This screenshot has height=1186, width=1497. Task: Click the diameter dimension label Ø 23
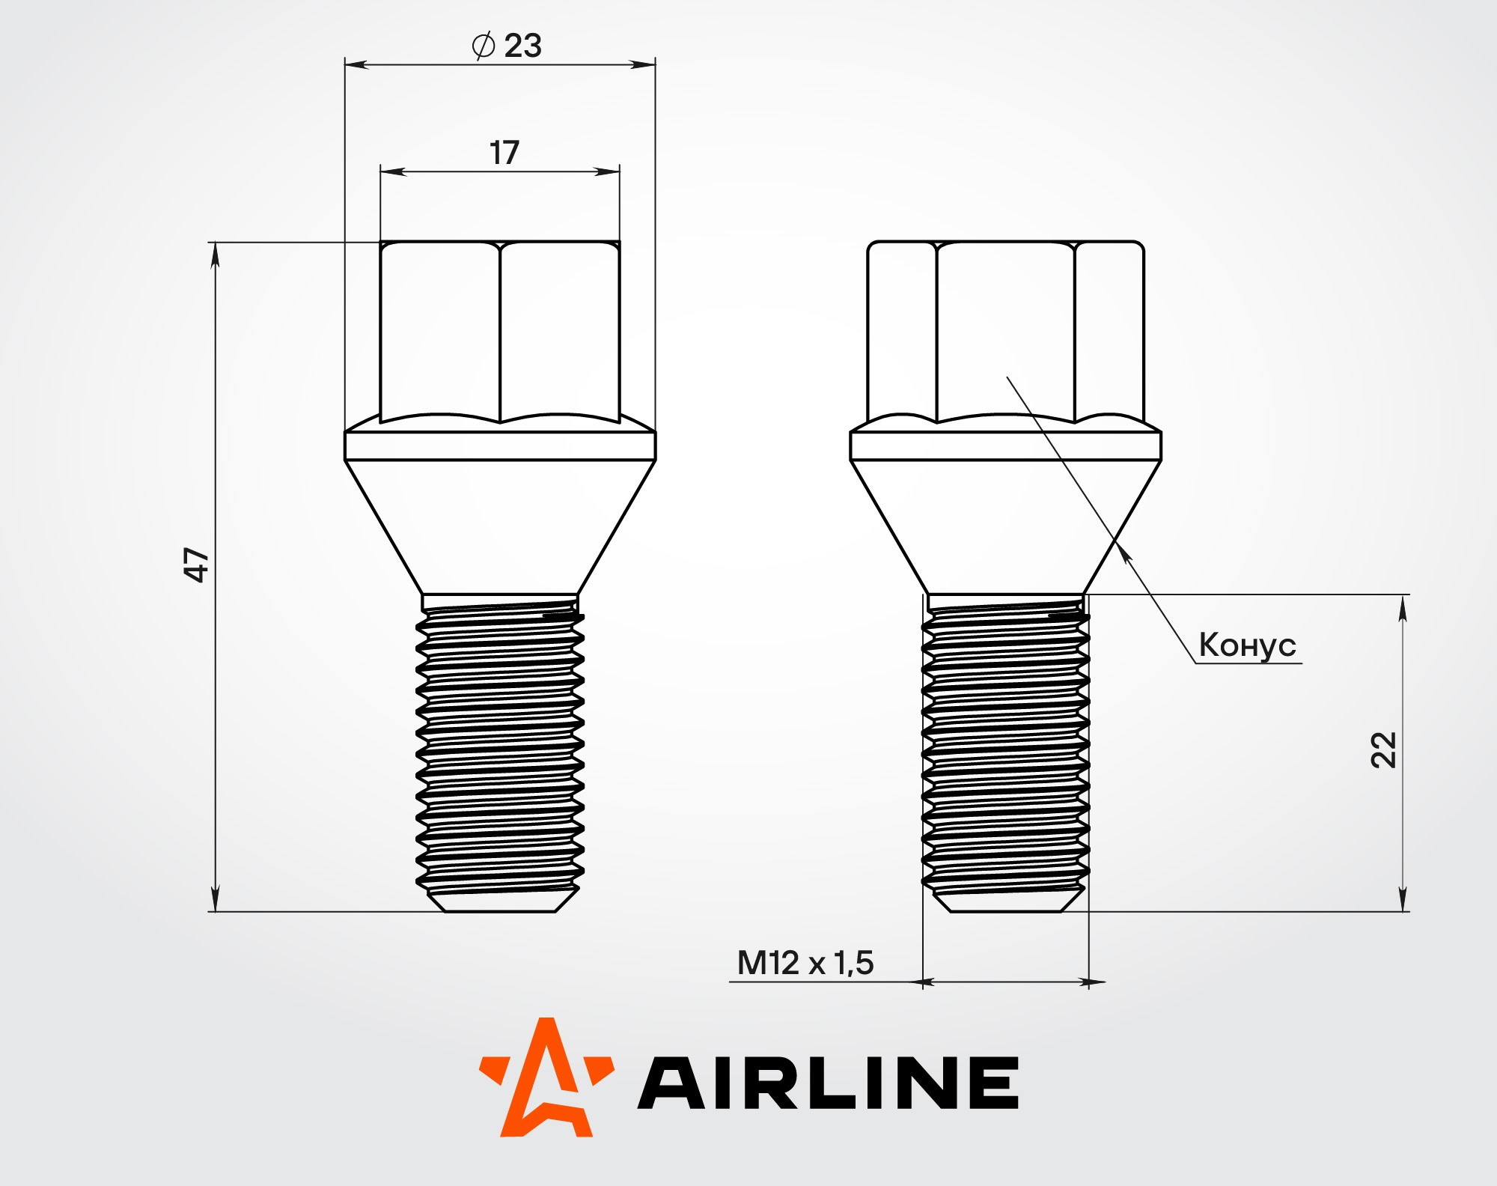point(507,46)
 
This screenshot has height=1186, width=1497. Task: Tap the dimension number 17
point(504,153)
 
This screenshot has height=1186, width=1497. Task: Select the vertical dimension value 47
point(196,565)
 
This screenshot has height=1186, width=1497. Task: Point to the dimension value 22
point(1383,749)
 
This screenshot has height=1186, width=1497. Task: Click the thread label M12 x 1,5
point(805,963)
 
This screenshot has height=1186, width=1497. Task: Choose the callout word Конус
point(1247,645)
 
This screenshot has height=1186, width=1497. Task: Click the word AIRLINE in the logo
point(828,1083)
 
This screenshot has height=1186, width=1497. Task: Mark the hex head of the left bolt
point(500,332)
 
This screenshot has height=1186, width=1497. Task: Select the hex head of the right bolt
point(1005,332)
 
